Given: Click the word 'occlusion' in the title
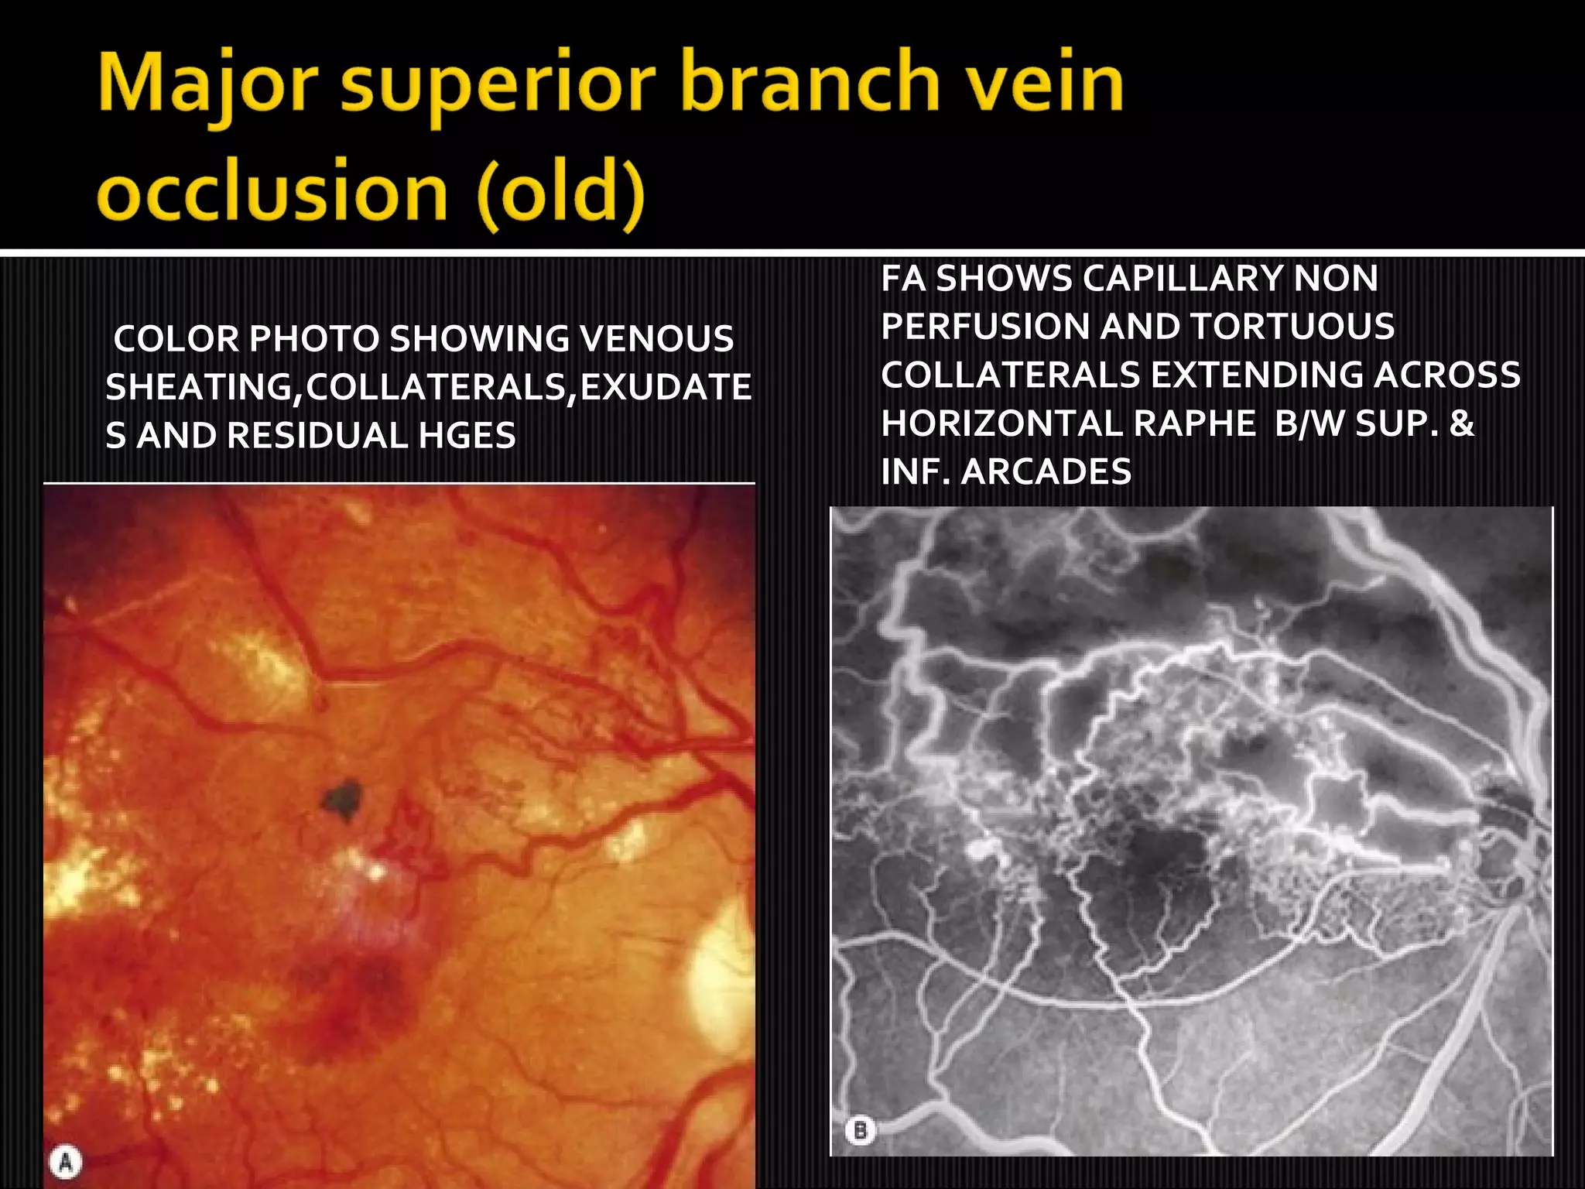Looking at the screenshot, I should coord(273,190).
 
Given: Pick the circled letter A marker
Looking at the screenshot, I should coord(66,1161).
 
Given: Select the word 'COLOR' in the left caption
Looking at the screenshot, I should coord(176,339).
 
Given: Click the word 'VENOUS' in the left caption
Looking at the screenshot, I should coord(656,339).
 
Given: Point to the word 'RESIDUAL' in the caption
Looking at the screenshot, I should coord(317,435).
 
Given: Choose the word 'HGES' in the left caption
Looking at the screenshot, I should coord(467,435).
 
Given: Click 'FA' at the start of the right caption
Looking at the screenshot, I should coord(903,279).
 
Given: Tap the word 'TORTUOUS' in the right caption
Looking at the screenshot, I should coord(1292,327).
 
